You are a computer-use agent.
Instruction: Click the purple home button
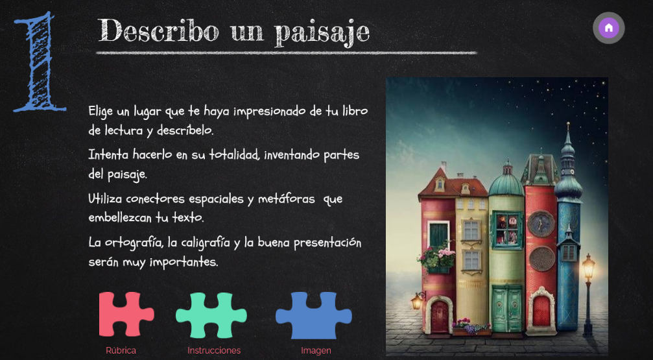[x=608, y=28]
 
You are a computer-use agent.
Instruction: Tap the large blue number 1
[x=40, y=62]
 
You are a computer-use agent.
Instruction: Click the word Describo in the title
[x=159, y=30]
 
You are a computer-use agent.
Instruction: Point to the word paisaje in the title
[x=322, y=32]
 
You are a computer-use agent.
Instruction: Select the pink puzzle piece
[x=126, y=314]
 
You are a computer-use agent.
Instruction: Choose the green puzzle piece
[x=211, y=315]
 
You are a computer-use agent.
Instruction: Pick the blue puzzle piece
[x=314, y=315]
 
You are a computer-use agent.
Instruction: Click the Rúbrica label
[x=121, y=350]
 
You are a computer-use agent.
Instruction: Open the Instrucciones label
[x=214, y=350]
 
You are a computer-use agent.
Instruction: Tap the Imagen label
[x=316, y=351]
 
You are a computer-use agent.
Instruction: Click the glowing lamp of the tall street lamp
[x=588, y=267]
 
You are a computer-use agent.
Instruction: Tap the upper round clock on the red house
[x=541, y=224]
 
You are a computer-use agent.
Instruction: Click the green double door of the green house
[x=506, y=311]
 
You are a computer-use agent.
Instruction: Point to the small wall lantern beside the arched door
[x=418, y=301]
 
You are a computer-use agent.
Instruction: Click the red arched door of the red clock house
[x=541, y=311]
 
